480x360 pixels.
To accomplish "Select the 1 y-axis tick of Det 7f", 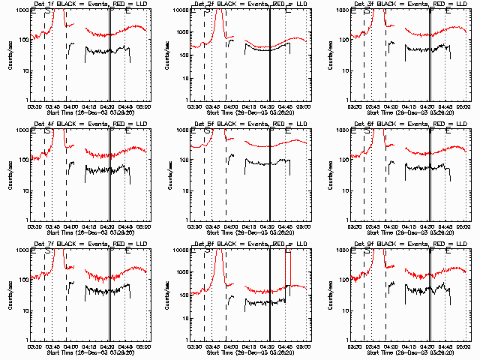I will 27,340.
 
